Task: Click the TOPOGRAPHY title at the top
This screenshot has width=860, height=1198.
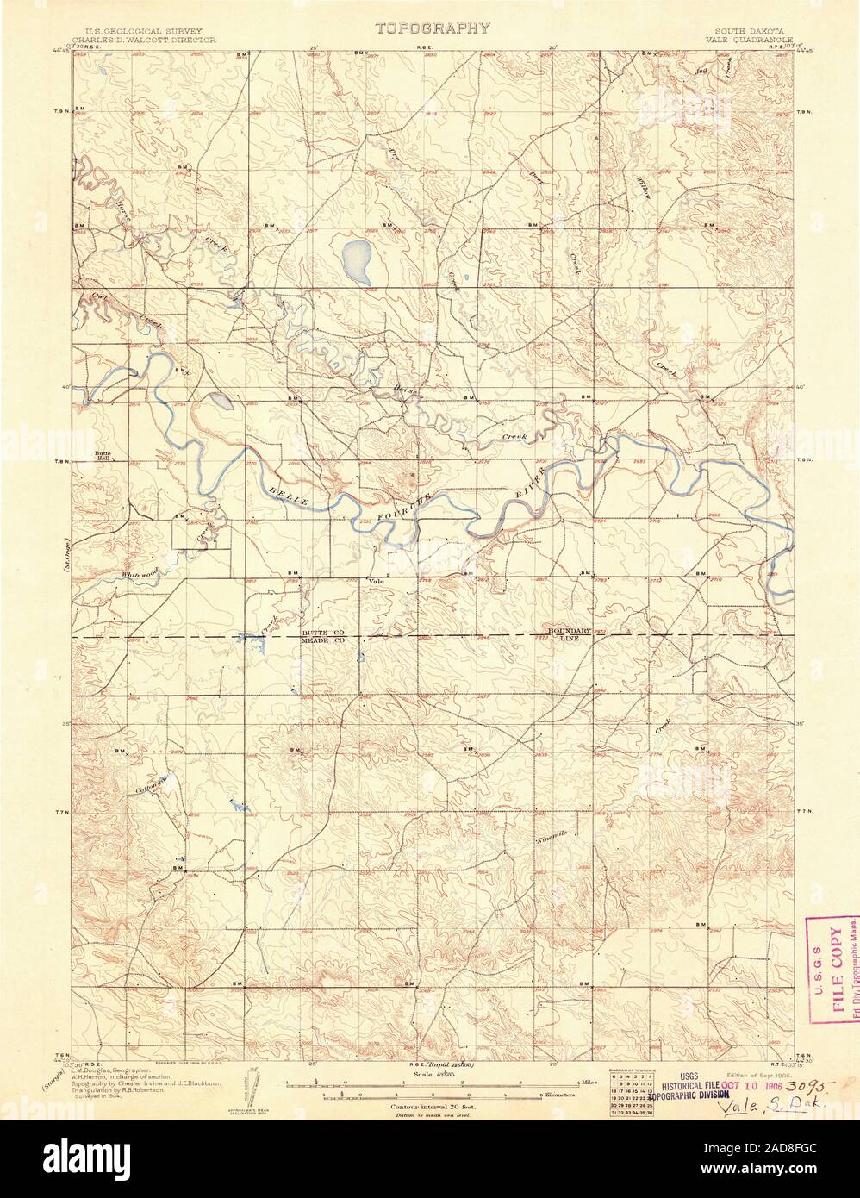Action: [433, 28]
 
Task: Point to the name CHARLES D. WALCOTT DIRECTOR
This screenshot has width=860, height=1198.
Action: [139, 39]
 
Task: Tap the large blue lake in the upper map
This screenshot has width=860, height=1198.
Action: [356, 263]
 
